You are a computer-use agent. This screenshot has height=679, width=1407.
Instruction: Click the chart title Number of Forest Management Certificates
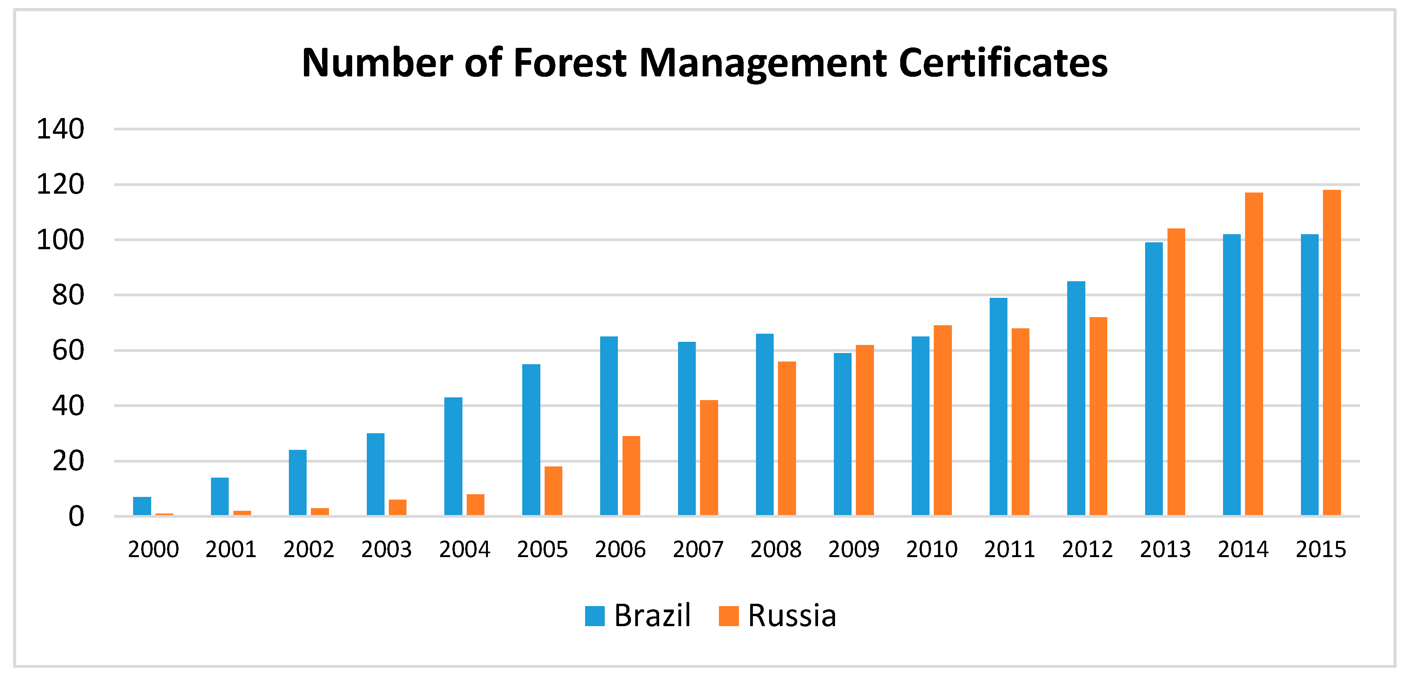(x=705, y=63)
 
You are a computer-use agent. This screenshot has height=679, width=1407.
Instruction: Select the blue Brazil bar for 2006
(x=609, y=426)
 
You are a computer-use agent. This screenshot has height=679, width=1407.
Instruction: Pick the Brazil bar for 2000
(x=142, y=507)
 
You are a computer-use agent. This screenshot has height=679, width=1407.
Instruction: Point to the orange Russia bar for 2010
(x=943, y=421)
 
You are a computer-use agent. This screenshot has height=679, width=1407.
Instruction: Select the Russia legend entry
(x=778, y=616)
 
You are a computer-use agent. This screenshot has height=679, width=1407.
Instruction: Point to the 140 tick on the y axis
(x=61, y=130)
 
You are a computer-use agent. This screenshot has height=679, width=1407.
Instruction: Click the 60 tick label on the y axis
(x=68, y=351)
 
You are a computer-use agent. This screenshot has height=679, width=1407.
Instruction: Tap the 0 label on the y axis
(x=76, y=517)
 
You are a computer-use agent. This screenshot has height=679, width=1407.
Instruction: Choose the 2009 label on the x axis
(x=854, y=549)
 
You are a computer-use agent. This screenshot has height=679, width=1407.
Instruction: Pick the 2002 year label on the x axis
(x=309, y=549)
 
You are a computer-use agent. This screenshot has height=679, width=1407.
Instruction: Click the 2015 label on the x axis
(x=1321, y=549)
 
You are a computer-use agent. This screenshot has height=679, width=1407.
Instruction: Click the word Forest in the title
(x=569, y=63)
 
